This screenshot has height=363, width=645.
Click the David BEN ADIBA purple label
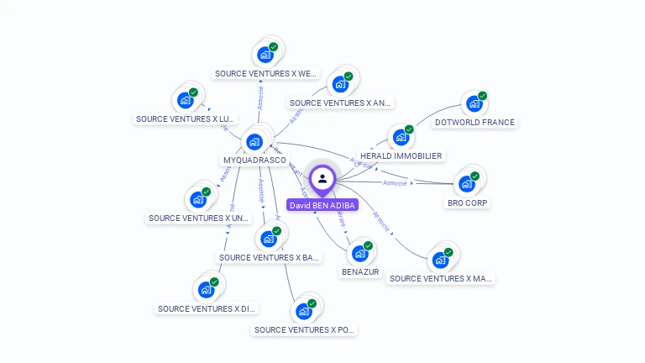[x=322, y=205]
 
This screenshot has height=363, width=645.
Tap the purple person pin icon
[x=322, y=179]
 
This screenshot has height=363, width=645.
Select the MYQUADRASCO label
[x=254, y=160]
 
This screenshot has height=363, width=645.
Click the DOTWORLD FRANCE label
[x=475, y=122]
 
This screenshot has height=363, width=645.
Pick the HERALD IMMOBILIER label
[x=401, y=155]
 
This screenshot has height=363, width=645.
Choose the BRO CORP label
[x=468, y=203]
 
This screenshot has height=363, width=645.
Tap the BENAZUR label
[x=360, y=271]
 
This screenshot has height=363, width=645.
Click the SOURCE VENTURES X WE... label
[x=265, y=73]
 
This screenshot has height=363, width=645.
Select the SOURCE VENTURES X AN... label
[x=339, y=103]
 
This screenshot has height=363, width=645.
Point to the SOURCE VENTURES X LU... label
[x=186, y=118]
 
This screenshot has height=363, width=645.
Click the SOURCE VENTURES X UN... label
[x=199, y=218]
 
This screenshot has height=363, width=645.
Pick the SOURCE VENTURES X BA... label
[x=269, y=257]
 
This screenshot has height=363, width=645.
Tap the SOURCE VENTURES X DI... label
[x=207, y=308]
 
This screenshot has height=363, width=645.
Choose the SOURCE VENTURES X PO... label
[x=304, y=329]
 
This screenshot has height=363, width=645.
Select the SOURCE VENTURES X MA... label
[x=440, y=278]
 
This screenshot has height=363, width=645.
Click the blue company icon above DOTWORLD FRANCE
[x=475, y=103]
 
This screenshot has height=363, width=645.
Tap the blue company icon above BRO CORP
[x=467, y=183]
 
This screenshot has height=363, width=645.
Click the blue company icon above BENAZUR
[x=360, y=252]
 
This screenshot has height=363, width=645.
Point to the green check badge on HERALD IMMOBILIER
[x=409, y=129]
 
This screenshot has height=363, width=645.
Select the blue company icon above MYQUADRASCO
[x=254, y=141]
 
